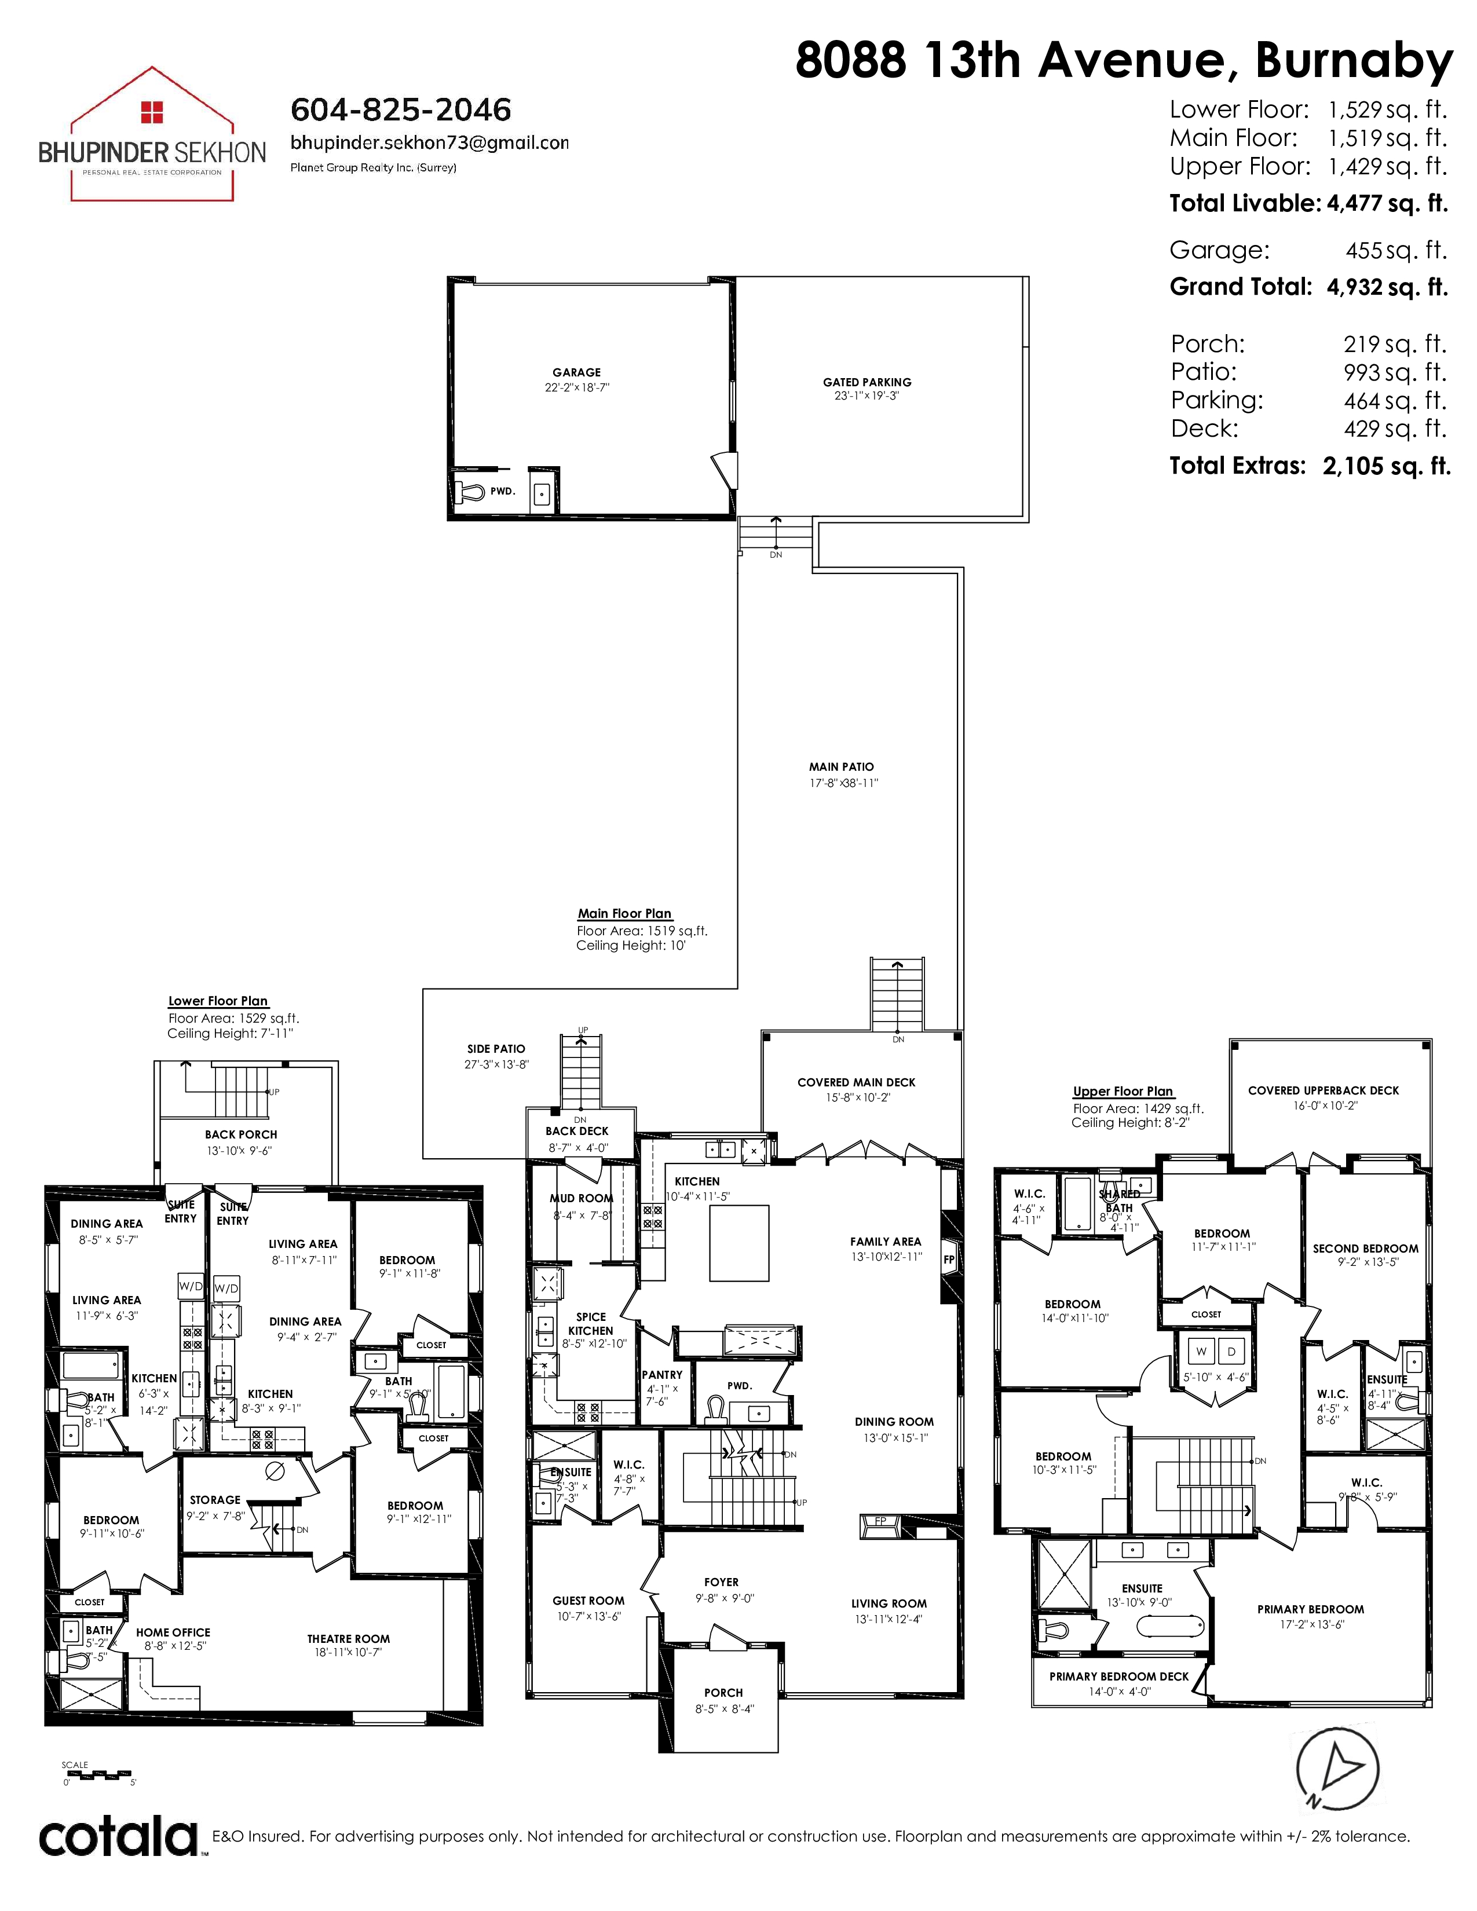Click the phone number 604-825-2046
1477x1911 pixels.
pos(401,110)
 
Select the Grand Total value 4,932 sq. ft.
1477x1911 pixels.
pos(1387,287)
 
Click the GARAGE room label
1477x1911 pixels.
pos(577,372)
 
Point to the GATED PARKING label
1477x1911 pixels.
pos(867,382)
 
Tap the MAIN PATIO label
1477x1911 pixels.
pos(842,767)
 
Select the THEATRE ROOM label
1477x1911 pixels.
pos(348,1639)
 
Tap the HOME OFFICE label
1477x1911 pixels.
pos(173,1632)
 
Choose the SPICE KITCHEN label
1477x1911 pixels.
pos(591,1324)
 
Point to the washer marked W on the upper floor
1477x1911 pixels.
pos(1201,1352)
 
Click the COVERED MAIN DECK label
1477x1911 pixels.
pos(857,1082)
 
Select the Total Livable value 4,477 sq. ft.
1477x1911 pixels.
pos(1387,204)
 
